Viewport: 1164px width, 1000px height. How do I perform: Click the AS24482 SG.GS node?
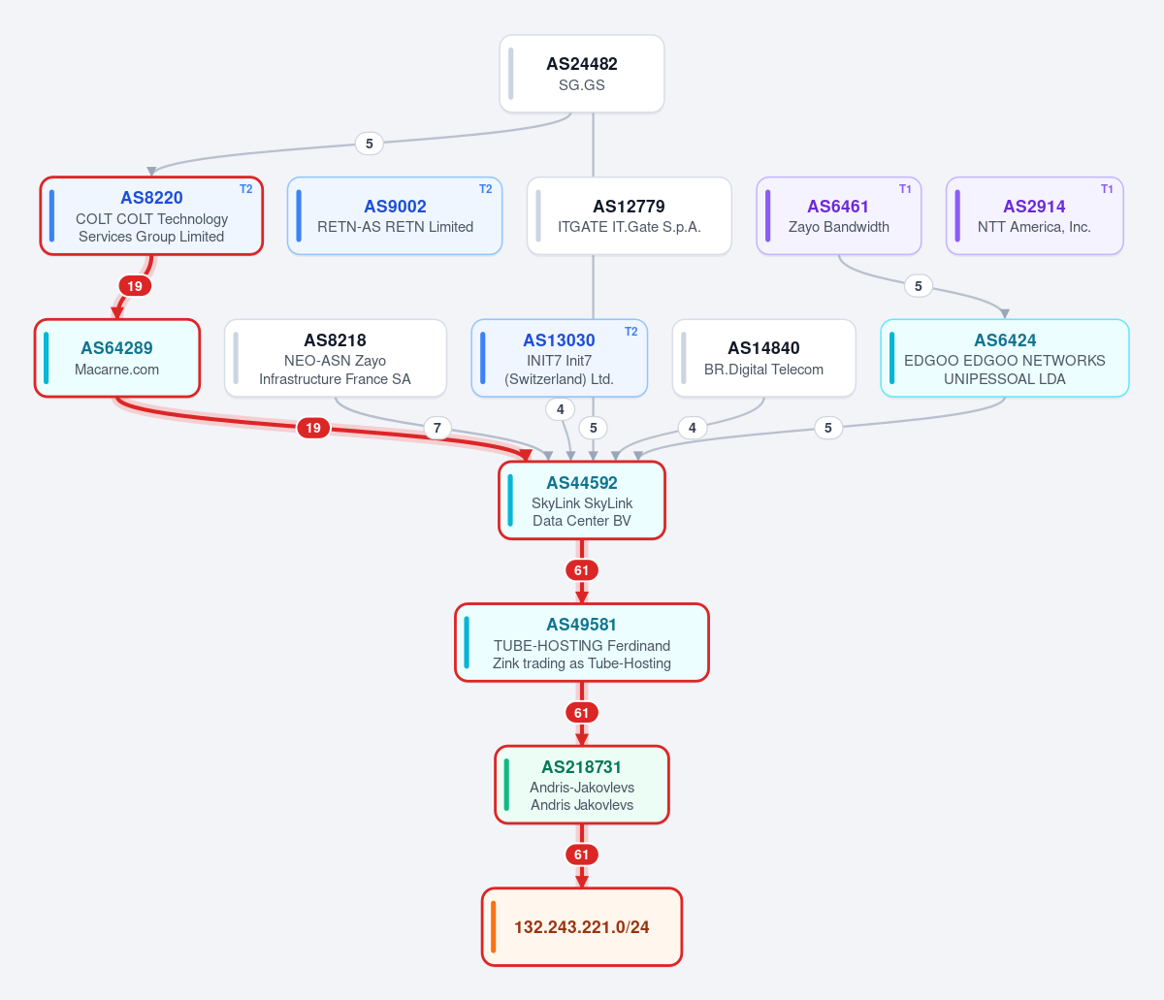pos(582,74)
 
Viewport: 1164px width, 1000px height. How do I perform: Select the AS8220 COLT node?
pos(151,215)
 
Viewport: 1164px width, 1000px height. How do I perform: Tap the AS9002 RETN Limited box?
pos(395,215)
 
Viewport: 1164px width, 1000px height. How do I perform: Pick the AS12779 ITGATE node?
pos(629,215)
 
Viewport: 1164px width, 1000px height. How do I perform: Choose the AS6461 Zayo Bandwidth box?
pos(838,215)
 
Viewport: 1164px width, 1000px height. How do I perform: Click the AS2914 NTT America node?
pos(1034,215)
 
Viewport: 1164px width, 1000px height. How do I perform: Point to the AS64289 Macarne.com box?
pos(117,358)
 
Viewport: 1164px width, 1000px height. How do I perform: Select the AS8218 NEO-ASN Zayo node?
pos(335,358)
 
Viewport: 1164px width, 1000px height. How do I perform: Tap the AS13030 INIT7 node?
pos(559,358)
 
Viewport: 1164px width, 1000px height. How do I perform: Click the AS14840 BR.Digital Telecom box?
pos(763,358)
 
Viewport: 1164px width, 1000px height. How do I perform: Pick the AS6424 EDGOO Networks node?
pos(1005,358)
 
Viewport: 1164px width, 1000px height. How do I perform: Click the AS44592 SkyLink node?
pos(582,500)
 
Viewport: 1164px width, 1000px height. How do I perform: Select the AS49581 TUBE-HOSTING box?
pos(582,642)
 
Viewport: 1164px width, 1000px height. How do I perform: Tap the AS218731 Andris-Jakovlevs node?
pos(582,785)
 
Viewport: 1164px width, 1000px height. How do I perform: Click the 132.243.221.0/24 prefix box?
pos(582,927)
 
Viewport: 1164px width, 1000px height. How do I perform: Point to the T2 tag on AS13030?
pos(630,332)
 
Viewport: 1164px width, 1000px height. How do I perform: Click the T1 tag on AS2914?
pos(1107,189)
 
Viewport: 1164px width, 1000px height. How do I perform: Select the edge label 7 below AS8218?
pos(437,428)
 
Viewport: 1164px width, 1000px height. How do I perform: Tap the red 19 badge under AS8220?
pos(135,286)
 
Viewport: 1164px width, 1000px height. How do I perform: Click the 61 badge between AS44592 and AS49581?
pos(582,570)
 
